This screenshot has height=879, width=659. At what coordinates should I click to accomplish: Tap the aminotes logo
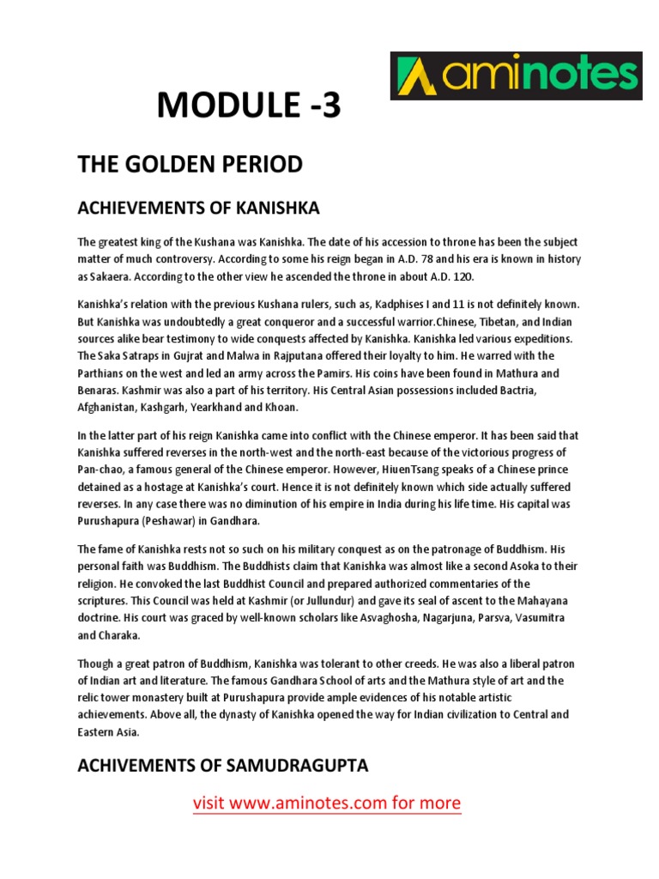[x=516, y=76]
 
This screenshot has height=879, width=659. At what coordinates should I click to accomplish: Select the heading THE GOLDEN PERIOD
[x=190, y=164]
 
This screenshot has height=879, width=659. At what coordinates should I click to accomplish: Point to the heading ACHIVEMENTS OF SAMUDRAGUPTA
[x=223, y=766]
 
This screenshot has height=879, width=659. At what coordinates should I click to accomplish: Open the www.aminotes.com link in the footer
[x=327, y=803]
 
